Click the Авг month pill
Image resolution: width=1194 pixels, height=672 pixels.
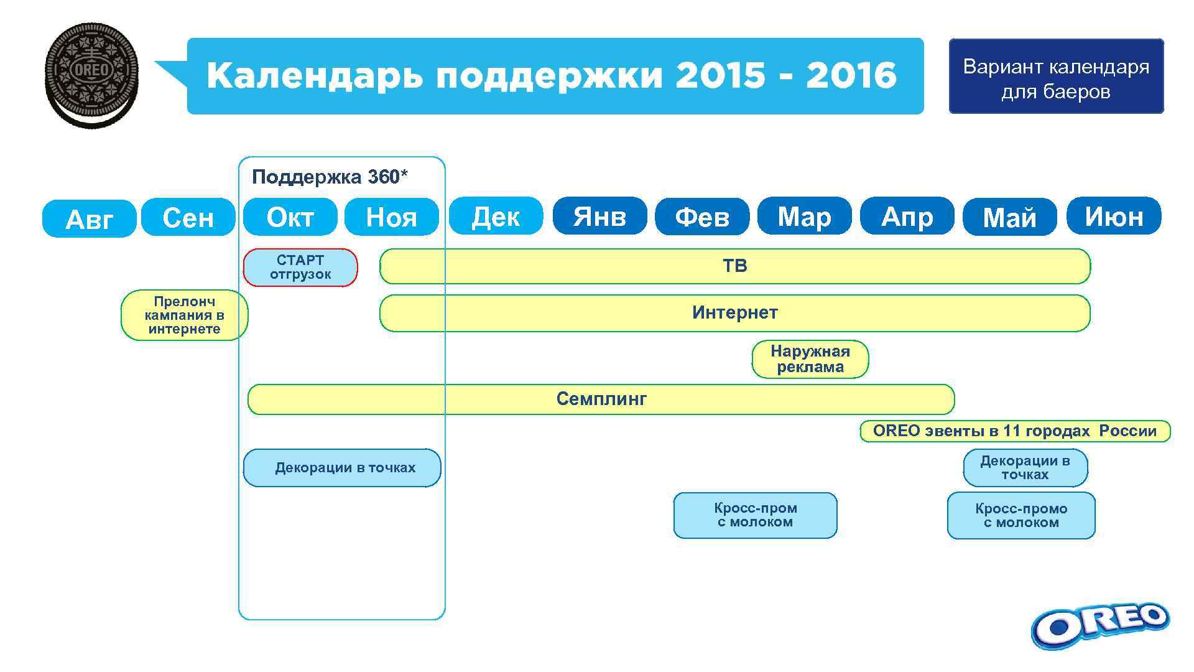tap(89, 219)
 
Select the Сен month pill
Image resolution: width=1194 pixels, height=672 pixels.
tap(188, 218)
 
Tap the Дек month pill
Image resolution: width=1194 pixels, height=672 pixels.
tap(496, 217)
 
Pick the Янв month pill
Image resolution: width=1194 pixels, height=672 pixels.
tap(599, 217)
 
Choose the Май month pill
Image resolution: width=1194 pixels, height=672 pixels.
tap(1009, 218)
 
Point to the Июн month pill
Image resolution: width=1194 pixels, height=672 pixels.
tap(1114, 217)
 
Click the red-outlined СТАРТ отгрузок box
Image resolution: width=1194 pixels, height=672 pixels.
tap(300, 268)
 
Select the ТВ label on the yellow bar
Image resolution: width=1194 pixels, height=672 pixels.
tap(734, 266)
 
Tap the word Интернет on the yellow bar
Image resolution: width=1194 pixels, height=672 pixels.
tap(734, 312)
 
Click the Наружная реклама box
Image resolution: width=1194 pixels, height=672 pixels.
tap(810, 359)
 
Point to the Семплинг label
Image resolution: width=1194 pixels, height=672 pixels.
tap(601, 399)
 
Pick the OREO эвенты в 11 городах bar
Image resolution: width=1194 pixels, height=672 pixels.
tap(1014, 431)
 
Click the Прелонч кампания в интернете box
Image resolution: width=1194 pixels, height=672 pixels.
tap(184, 315)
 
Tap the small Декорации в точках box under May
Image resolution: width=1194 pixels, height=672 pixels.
tap(1025, 468)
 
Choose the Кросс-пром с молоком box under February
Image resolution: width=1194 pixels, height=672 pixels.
tap(755, 515)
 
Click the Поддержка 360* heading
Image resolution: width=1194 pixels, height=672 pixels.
tap(330, 177)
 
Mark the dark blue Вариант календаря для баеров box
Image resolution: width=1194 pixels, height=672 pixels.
tap(1055, 77)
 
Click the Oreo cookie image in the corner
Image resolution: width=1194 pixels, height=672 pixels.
tap(91, 75)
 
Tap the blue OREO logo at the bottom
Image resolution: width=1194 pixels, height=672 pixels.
tap(1099, 625)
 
